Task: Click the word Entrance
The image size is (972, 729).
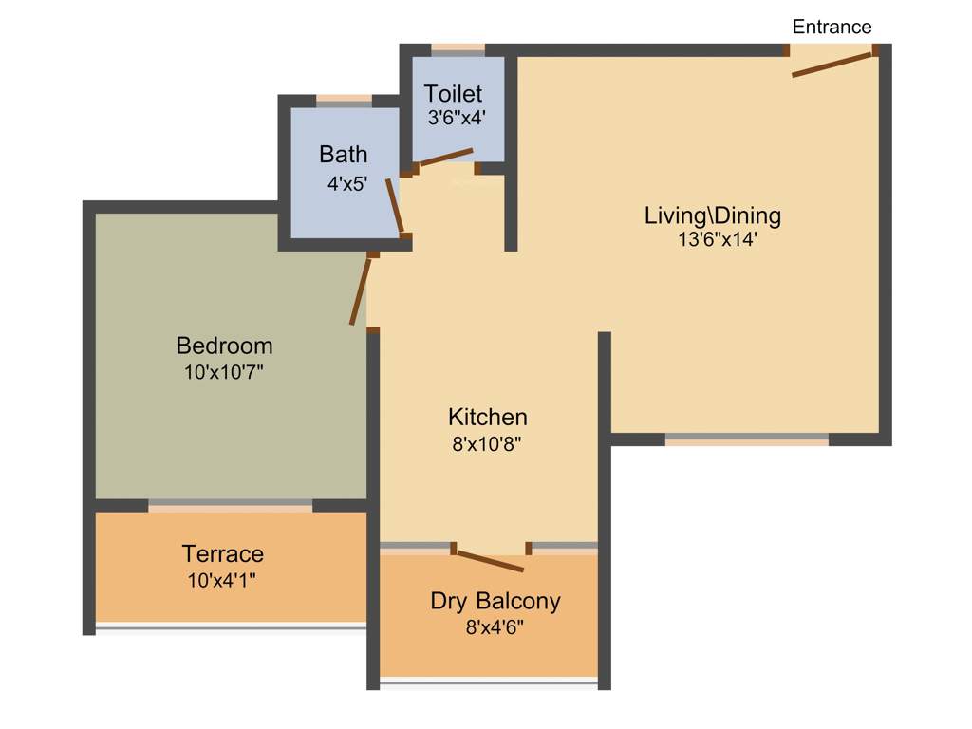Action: click(x=832, y=27)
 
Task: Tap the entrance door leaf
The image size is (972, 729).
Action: click(x=832, y=65)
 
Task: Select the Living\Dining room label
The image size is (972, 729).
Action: click(x=712, y=215)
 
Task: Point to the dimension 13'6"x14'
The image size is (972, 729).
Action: click(x=717, y=240)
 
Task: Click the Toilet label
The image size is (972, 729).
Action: click(x=453, y=94)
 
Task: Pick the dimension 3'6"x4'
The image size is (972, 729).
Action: click(x=457, y=118)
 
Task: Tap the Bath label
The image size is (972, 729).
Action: click(x=343, y=154)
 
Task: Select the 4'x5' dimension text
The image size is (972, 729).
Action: click(x=346, y=184)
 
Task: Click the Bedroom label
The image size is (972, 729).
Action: click(x=224, y=346)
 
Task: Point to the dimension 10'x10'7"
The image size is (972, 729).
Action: click(x=223, y=372)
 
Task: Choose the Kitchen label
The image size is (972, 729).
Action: click(x=487, y=417)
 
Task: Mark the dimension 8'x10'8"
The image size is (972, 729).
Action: click(x=487, y=442)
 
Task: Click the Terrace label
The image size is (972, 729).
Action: click(x=223, y=553)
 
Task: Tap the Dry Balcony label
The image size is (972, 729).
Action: click(x=495, y=601)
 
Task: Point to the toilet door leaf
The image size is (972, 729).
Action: click(x=445, y=158)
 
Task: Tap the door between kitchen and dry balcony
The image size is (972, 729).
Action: click(x=489, y=560)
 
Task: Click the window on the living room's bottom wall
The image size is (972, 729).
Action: click(x=746, y=439)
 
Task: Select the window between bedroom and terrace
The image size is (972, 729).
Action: click(x=230, y=505)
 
